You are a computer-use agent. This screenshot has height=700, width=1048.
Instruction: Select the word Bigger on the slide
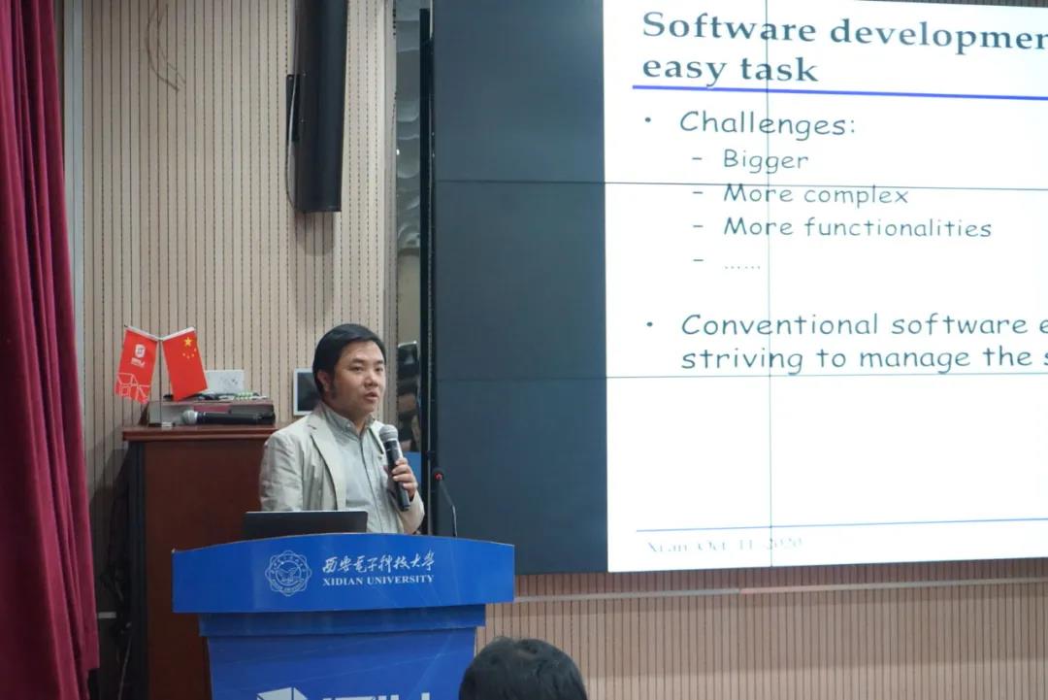click(x=765, y=159)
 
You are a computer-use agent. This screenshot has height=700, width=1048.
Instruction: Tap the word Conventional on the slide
click(x=779, y=324)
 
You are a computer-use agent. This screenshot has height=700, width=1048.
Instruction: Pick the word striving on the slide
click(x=741, y=359)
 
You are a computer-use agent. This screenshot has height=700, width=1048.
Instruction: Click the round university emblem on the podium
click(x=288, y=573)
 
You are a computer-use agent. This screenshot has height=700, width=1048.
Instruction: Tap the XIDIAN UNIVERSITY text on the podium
click(x=378, y=580)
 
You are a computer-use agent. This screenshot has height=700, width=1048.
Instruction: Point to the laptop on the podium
click(x=305, y=523)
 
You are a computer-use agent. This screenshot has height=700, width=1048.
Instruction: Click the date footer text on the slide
click(x=724, y=545)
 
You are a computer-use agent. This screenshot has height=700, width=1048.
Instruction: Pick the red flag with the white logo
click(x=137, y=364)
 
